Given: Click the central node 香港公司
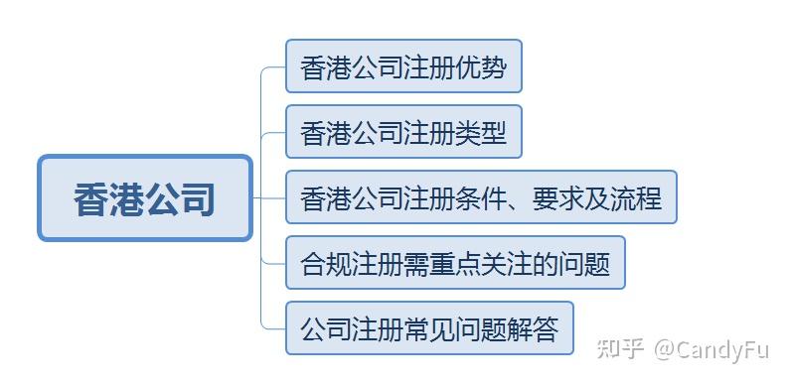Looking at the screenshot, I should (x=145, y=197).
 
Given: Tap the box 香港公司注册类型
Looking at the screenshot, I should (x=403, y=132).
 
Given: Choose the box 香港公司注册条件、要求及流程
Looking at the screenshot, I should (x=481, y=197).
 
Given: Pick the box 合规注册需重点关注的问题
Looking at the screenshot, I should (x=455, y=263).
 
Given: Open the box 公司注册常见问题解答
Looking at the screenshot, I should (x=429, y=328).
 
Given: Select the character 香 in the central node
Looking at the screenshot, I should (x=91, y=198).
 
